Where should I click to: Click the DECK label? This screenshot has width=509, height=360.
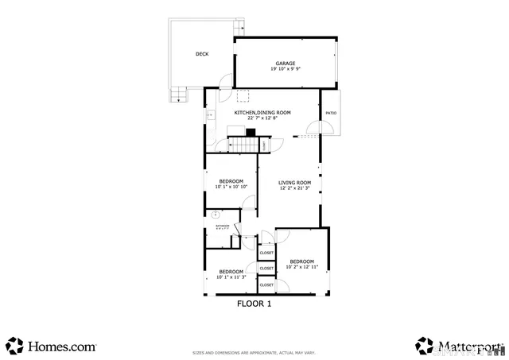[x=202, y=54]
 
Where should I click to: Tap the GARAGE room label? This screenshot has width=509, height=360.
[x=286, y=63]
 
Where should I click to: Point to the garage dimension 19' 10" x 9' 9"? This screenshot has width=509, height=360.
[x=286, y=69]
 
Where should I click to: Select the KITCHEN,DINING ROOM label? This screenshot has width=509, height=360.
[x=262, y=113]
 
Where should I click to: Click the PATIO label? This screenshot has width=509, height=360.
[x=331, y=113]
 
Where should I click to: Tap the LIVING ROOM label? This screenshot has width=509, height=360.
[x=293, y=182]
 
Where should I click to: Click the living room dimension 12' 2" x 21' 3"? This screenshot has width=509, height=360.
[x=293, y=188]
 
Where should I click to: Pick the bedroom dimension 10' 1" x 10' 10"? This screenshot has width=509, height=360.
[x=232, y=187]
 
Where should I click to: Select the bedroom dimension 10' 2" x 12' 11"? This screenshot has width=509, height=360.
[x=301, y=267]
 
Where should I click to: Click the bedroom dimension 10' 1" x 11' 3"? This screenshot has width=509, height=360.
[x=231, y=277]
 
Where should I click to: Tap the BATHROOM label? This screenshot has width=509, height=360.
[x=222, y=226]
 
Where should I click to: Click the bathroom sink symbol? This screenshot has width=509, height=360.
[x=215, y=213]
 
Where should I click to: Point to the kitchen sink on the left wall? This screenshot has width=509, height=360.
[x=210, y=116]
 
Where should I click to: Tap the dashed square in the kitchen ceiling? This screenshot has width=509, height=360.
[x=243, y=96]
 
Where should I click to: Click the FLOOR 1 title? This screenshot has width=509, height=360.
[x=254, y=304]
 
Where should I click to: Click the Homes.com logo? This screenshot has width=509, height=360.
[x=52, y=346]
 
